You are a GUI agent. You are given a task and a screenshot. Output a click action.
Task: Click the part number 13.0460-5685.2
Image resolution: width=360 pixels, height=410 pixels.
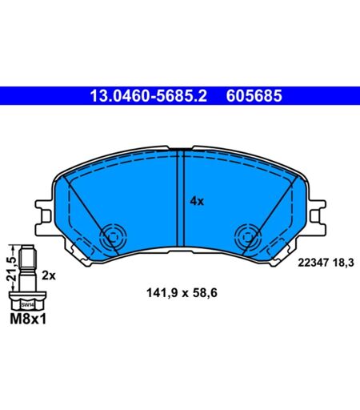pos(148,96)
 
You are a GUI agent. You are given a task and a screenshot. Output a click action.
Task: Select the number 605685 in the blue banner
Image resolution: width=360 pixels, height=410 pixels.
pos(254,96)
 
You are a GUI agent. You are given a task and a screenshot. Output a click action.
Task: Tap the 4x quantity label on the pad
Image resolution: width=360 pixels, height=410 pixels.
pos(197,201)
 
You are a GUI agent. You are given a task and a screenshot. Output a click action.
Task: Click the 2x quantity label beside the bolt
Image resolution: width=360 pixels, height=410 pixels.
pos(49,275)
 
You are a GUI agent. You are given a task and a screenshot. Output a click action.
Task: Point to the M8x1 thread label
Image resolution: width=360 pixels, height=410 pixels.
pos(28,319)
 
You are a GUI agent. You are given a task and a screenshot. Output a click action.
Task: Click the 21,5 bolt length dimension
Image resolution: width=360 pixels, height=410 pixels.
pos(11,269)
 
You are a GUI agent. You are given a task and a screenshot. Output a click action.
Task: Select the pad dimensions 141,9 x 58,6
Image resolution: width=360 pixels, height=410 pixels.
pos(182,293)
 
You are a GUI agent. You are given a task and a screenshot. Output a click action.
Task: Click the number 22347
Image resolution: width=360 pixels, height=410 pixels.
pos(313,263)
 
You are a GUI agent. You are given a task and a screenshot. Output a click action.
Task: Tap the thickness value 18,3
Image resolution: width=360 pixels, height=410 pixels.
pos(343,263)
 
